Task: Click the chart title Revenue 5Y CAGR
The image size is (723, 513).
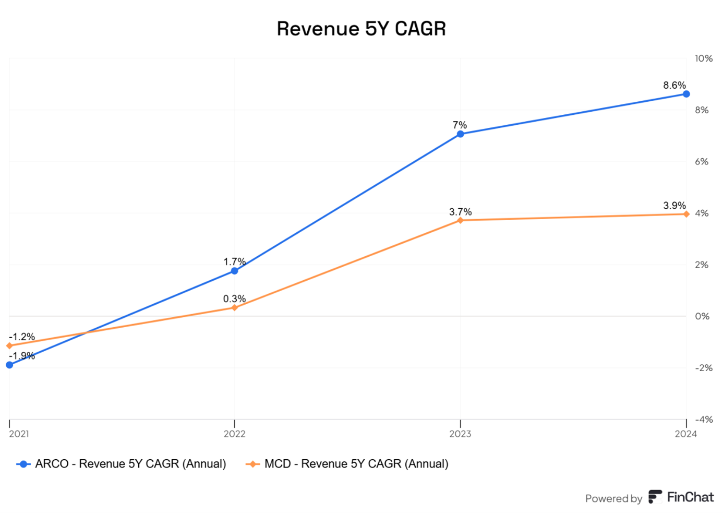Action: (x=361, y=29)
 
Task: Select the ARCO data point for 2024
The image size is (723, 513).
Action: (x=686, y=94)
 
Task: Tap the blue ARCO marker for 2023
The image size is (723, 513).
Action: (x=460, y=134)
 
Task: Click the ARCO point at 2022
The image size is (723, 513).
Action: (x=234, y=271)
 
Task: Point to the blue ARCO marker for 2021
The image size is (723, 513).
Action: (x=9, y=365)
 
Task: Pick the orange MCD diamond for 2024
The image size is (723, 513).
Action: (x=686, y=214)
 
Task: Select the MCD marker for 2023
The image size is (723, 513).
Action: (x=460, y=220)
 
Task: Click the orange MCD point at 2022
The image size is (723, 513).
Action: (x=234, y=308)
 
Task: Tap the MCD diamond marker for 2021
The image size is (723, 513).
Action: (x=9, y=345)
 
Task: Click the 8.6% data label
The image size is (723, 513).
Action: (x=674, y=85)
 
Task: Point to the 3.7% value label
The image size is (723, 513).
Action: (x=460, y=212)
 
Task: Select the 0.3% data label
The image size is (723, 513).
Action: (x=234, y=299)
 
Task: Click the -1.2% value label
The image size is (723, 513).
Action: (x=22, y=337)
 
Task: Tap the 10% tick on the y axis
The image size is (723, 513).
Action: (x=703, y=58)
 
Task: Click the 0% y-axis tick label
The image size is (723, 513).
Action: (x=702, y=316)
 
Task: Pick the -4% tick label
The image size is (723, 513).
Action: (x=703, y=419)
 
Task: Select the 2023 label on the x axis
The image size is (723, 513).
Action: (x=460, y=434)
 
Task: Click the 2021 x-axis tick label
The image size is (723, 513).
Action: (x=19, y=434)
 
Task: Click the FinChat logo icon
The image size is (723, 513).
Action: (x=655, y=497)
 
